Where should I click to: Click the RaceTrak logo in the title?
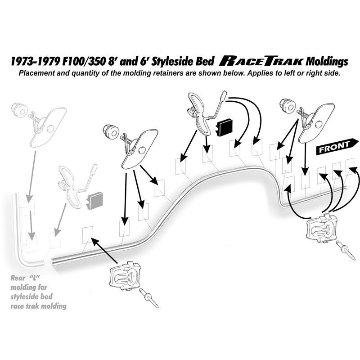pos(261,62)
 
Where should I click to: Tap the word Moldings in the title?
pos(327,62)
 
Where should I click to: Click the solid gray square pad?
pos(95,200)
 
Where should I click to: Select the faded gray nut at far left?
pos(19,110)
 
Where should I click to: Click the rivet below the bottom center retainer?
pos(149,298)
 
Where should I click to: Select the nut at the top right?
pos(287,105)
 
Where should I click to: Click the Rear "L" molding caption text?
pos(38,292)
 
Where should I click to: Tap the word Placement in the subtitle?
pos(36,73)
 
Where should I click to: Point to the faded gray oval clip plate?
pos(48,126)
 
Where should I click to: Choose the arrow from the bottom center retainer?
pos(105,250)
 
